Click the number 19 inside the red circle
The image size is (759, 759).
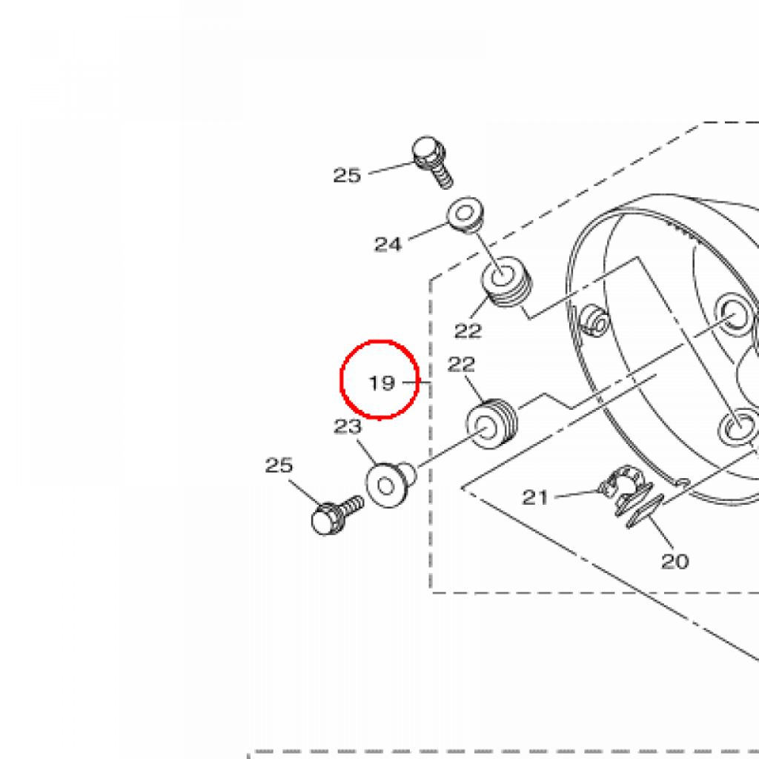click(382, 383)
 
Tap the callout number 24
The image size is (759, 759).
click(388, 245)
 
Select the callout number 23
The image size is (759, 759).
click(348, 426)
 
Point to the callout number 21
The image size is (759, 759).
click(535, 497)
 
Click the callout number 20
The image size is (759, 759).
click(675, 562)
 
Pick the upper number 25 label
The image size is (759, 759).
click(347, 175)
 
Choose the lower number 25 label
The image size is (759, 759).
click(279, 465)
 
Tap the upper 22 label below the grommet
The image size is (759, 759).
click(468, 331)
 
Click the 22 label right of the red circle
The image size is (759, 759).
click(461, 365)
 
